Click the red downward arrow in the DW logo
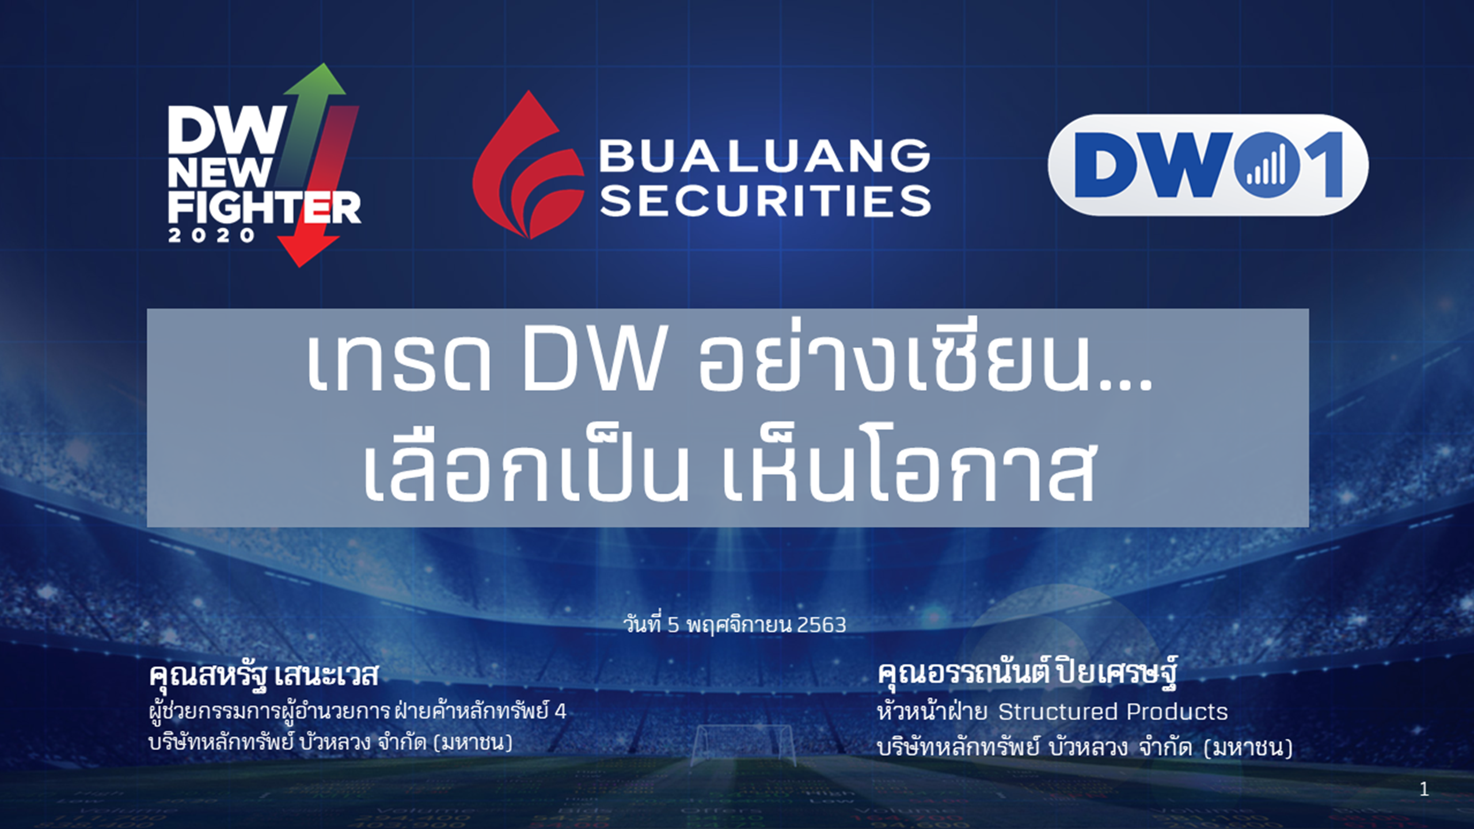[322, 190]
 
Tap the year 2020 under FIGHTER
[211, 235]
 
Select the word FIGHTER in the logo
[264, 208]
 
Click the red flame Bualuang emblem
[527, 165]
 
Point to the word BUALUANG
[765, 155]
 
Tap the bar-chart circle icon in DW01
[1267, 165]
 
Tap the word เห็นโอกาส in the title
[908, 464]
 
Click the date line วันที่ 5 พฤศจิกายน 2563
[735, 625]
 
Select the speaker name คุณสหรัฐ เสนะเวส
[264, 675]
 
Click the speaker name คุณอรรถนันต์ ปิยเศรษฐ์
[1027, 674]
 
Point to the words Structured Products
[1113, 712]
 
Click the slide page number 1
[1424, 789]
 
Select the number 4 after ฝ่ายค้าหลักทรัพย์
[560, 712]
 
